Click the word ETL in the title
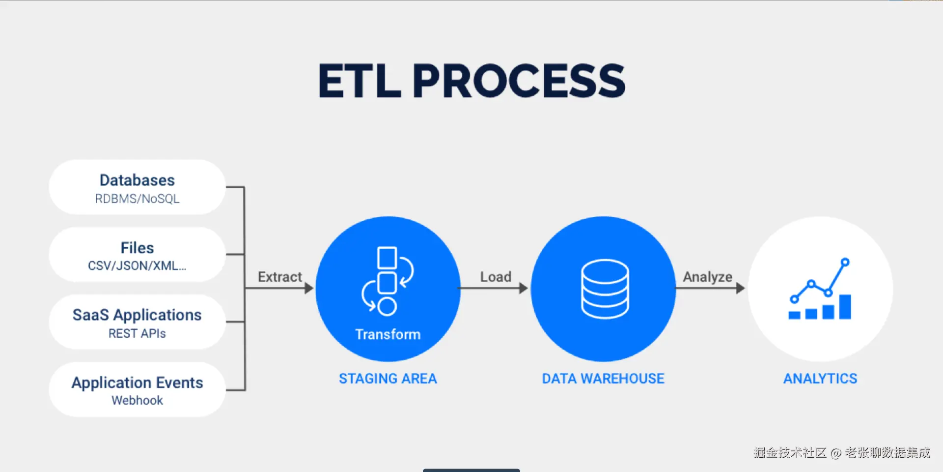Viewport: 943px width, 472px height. pos(360,81)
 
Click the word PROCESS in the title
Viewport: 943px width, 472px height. pos(519,81)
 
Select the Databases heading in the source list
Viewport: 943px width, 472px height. pos(137,180)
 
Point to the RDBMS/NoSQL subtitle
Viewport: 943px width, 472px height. pos(137,199)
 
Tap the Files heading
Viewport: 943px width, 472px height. pos(137,247)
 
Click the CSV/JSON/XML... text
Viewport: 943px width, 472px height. pos(137,266)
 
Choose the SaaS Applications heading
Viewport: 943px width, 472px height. pos(137,315)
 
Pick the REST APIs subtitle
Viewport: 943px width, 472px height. pos(137,333)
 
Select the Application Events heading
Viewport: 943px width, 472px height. pos(137,383)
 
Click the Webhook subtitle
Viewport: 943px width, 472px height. pos(137,400)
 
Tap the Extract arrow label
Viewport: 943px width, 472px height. pos(280,277)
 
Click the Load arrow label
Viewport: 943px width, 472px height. pos(496,277)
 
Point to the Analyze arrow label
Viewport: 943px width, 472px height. pos(707,277)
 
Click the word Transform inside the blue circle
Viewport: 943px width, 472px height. pos(388,334)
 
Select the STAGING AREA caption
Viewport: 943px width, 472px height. pos(388,379)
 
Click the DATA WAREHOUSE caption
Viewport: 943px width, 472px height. pos(603,379)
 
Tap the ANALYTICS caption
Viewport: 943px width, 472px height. pos(820,379)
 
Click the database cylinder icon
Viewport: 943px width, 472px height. pos(605,289)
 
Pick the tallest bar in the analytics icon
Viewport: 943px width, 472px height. pos(845,307)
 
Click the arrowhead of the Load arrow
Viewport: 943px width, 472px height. pos(524,288)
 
